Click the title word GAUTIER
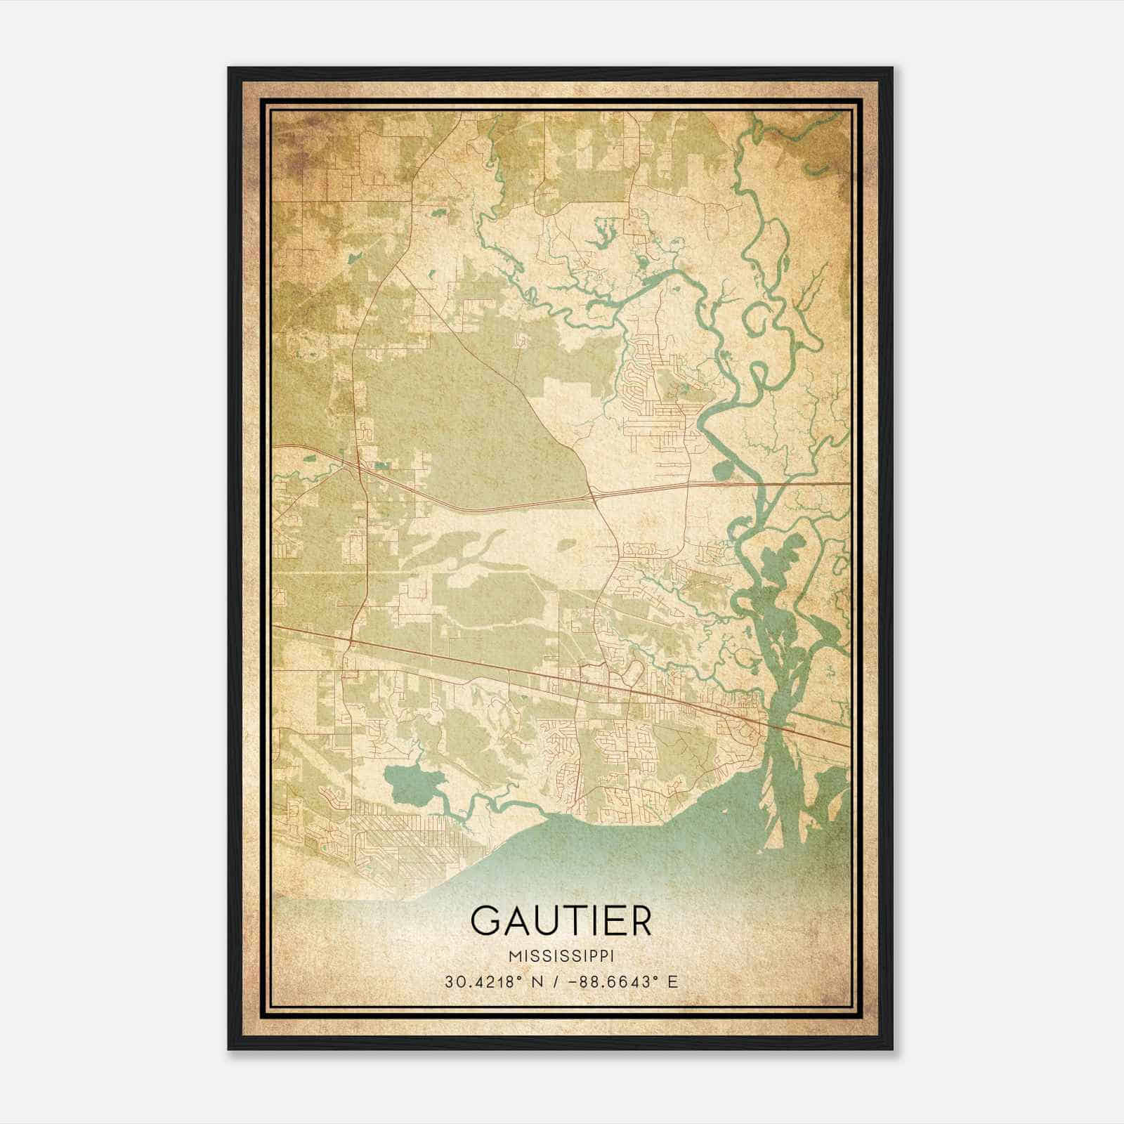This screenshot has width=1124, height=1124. pos(561,920)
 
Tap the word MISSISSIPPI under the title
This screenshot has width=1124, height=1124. pos(561,956)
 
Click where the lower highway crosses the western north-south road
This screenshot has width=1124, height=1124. pos(351,641)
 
